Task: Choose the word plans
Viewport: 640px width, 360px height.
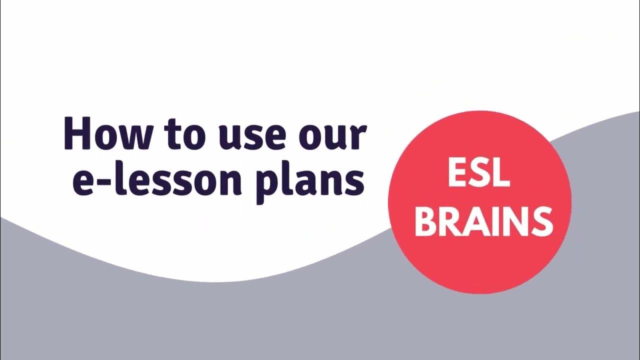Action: (x=310, y=181)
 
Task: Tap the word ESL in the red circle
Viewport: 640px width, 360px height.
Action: (x=479, y=173)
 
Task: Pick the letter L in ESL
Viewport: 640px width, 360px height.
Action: (x=500, y=173)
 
